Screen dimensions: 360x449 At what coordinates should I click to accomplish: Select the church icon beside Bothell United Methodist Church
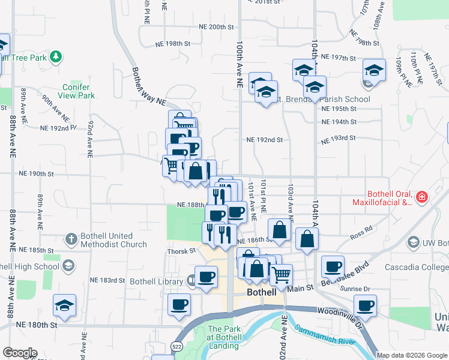pos(71,239)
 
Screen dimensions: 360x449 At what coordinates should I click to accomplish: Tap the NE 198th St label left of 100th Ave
pos(172,44)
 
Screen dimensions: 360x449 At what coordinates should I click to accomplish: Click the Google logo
pos(19,353)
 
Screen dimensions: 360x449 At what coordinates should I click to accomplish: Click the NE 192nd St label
pos(264,140)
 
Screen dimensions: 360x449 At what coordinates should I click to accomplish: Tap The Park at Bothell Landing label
pos(225,333)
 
